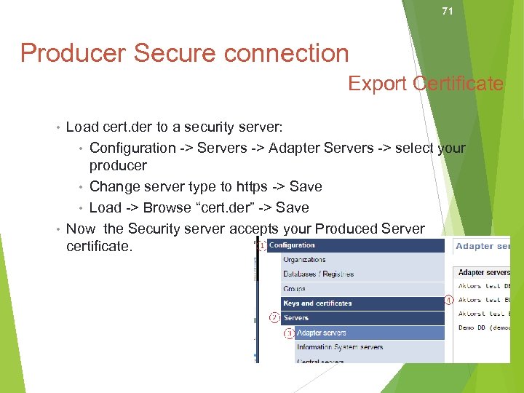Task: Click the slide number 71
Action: pyautogui.click(x=448, y=11)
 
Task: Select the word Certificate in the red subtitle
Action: pyautogui.click(x=458, y=84)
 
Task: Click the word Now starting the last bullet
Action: pyautogui.click(x=81, y=229)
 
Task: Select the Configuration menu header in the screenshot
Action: pyautogui.click(x=292, y=245)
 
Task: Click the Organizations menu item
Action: pyautogui.click(x=304, y=260)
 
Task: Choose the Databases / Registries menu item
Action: pyautogui.click(x=318, y=274)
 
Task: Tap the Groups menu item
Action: pyautogui.click(x=295, y=289)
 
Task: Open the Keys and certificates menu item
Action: pyautogui.click(x=317, y=303)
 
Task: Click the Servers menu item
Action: pyautogui.click(x=296, y=318)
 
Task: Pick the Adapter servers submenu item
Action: pyautogui.click(x=321, y=333)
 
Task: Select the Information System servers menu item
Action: pyautogui.click(x=340, y=347)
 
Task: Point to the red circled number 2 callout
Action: pyautogui.click(x=274, y=317)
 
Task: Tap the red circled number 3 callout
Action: pyautogui.click(x=289, y=333)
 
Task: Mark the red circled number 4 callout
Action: pyautogui.click(x=449, y=299)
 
